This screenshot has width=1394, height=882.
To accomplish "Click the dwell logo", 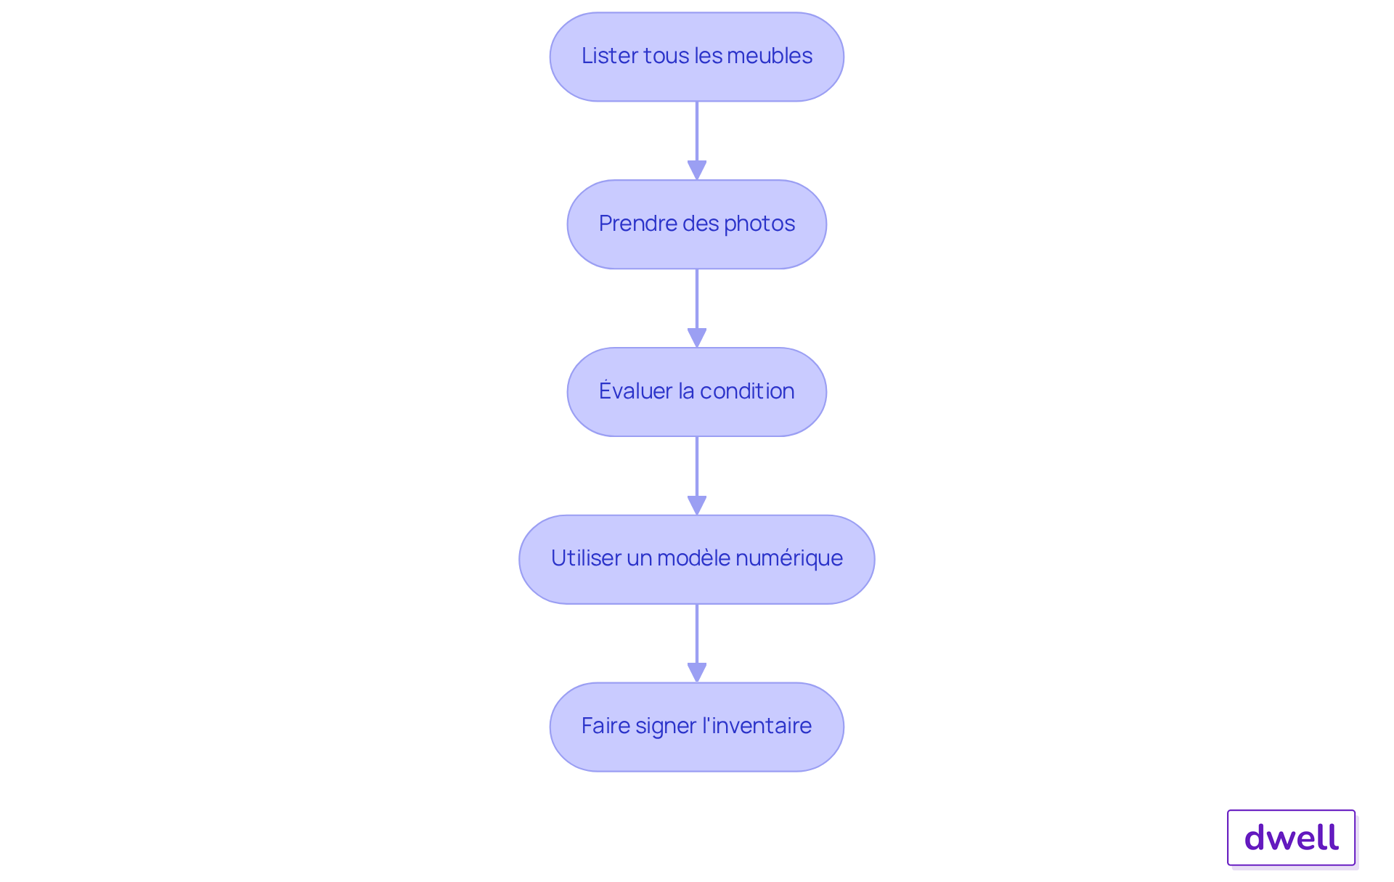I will pos(1291,838).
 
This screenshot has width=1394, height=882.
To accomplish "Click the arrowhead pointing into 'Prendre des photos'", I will pos(697,169).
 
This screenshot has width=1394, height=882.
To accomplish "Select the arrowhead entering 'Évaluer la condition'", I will pos(697,337).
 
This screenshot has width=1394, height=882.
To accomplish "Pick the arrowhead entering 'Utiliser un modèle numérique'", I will pos(697,505).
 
